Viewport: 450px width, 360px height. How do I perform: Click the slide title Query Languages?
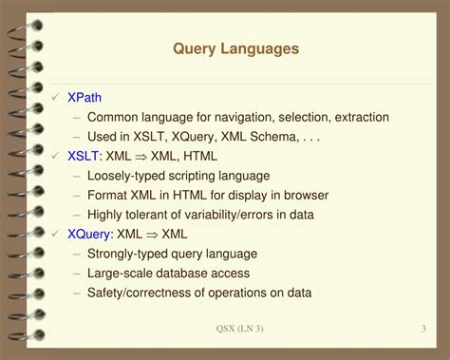point(236,47)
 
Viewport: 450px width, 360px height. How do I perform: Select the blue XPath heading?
point(84,97)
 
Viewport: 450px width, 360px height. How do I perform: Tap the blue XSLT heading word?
point(83,156)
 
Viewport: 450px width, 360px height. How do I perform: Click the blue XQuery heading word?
point(90,234)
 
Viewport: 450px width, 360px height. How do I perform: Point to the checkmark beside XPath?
point(54,97)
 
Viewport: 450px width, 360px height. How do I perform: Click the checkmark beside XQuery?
point(54,234)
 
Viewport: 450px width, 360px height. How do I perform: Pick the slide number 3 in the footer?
point(422,329)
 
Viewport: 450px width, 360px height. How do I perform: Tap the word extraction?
point(355,117)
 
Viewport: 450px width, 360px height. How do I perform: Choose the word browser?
point(306,195)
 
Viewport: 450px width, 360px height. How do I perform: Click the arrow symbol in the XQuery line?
point(150,234)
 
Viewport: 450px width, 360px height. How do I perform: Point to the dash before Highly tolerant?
point(77,215)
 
